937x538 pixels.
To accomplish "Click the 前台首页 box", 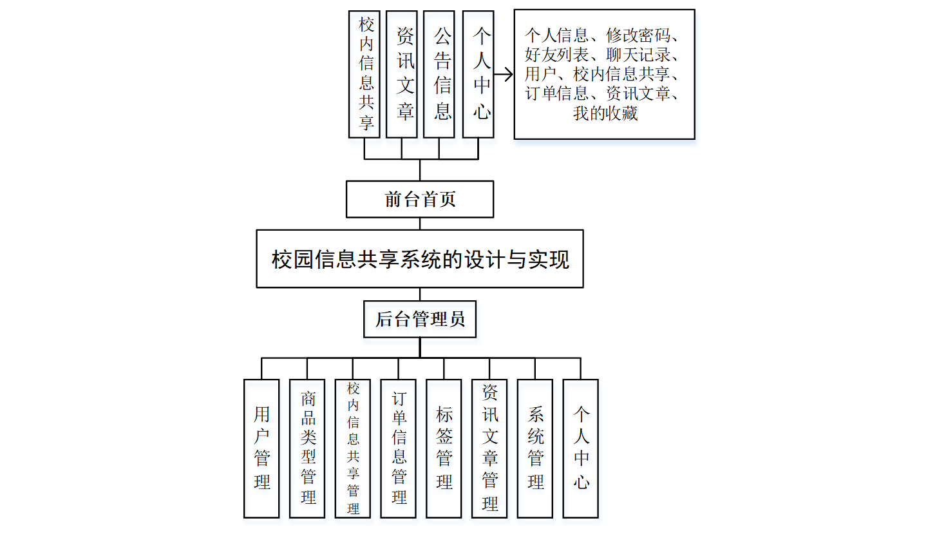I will pos(420,199).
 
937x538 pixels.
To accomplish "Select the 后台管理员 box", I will pos(420,319).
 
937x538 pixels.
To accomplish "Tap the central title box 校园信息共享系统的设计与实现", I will pos(420,259).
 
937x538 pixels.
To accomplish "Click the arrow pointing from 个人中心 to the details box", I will pos(504,75).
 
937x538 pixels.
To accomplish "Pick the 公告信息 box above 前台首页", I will pos(440,74).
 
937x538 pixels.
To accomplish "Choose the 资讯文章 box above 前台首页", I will pos(402,74).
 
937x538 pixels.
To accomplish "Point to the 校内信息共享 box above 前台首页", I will pos(364,74).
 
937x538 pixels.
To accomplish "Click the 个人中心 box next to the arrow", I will pos(478,74).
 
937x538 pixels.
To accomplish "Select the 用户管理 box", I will pos(261,448).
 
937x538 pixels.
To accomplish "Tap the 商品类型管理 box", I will pos(307,448).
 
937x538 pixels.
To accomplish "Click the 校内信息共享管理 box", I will pos(353,448).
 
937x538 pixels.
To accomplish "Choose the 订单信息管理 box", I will pos(399,448).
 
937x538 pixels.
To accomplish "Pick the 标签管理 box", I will pos(444,448).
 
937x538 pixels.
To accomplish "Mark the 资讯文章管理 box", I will pos(489,448).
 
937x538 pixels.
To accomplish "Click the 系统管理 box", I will pos(535,448).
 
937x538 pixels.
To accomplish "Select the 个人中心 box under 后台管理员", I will pos(581,448).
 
